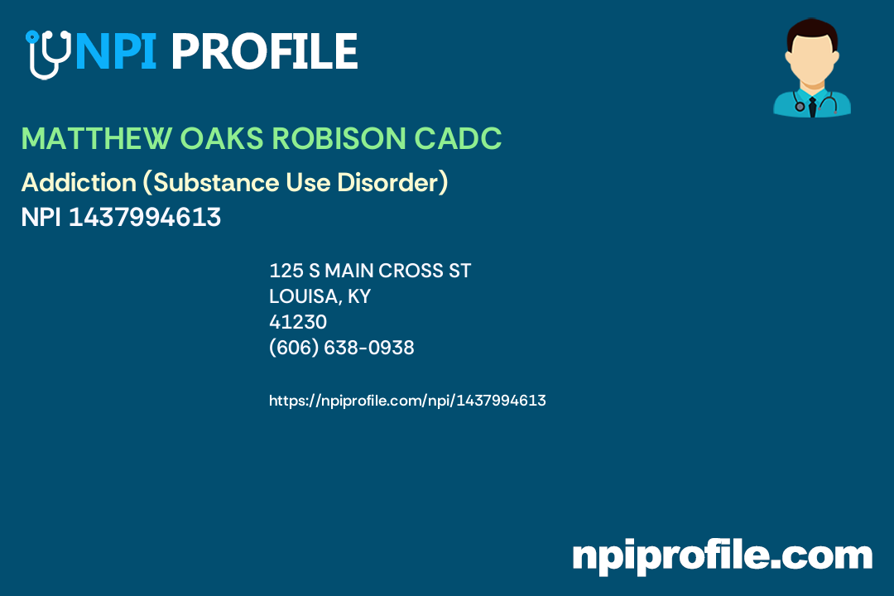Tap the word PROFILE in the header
(264, 51)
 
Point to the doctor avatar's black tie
(811, 106)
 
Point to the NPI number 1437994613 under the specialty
(145, 217)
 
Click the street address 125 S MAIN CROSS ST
(370, 271)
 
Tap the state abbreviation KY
(358, 296)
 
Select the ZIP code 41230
(298, 322)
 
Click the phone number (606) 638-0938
(341, 348)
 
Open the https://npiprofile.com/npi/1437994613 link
(407, 401)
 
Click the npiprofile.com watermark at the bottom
(722, 555)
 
